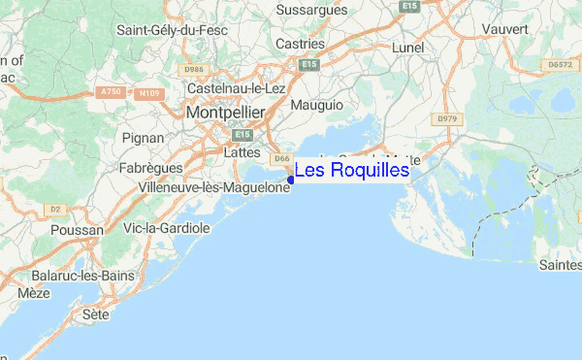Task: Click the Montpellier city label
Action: [226, 113]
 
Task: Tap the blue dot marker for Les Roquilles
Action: [291, 179]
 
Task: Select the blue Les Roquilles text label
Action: [352, 171]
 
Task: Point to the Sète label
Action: [96, 315]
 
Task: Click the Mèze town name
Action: [34, 292]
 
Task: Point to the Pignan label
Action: [143, 139]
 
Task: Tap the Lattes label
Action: [242, 152]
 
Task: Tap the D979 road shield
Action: [446, 118]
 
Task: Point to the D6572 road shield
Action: [560, 64]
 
